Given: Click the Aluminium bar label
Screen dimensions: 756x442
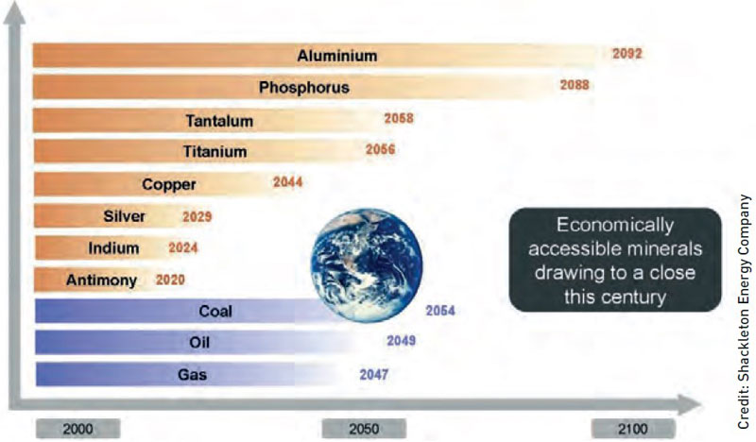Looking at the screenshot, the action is tap(337, 56).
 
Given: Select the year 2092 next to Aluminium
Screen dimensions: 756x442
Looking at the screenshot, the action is tap(627, 53).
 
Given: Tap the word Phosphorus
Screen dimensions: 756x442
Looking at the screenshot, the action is tap(303, 87).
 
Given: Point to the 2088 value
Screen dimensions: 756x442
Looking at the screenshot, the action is tap(575, 85).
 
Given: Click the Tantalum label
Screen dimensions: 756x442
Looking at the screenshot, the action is tap(219, 121).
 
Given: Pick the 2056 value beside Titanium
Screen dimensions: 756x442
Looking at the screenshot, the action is tap(380, 149).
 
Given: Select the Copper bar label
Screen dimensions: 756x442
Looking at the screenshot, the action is tap(169, 184).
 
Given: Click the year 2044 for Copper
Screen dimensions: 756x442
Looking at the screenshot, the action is tap(287, 181).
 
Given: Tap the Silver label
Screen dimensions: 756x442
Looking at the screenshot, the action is tap(124, 216).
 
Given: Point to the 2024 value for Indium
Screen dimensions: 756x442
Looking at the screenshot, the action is tap(182, 247).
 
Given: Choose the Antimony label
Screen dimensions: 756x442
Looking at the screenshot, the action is tap(101, 280).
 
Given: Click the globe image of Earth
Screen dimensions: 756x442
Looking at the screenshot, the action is tap(367, 264).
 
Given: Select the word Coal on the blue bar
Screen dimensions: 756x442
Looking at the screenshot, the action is tap(215, 311).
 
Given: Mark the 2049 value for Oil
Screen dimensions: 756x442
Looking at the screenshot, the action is tap(401, 341).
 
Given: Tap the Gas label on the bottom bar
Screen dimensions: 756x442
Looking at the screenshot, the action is tap(192, 375).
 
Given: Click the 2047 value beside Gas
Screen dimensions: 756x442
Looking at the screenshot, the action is tap(373, 375).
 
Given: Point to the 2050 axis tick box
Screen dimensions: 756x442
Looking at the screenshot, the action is tap(364, 429).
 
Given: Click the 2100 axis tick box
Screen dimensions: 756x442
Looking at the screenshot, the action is tap(633, 429).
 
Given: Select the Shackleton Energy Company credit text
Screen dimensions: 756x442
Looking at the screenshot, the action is tap(744, 311).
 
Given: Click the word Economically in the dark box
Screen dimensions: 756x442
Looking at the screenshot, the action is tap(615, 225).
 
